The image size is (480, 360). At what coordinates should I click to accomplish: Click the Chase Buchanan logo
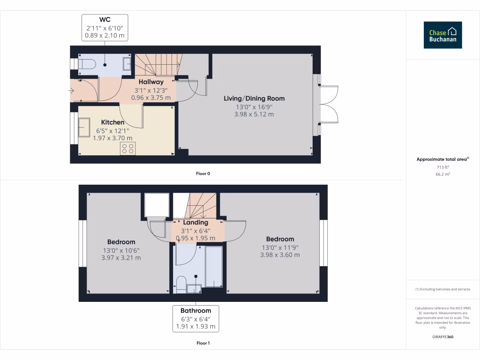point(442,35)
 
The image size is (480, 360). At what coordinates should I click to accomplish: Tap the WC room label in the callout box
point(105,19)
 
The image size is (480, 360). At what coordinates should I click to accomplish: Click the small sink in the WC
point(127,64)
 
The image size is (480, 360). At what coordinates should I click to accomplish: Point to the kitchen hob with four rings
point(127,149)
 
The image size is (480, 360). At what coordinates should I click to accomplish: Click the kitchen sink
point(85,127)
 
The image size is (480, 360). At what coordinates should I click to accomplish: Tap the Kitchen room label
point(113,122)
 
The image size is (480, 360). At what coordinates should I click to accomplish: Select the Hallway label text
point(151,82)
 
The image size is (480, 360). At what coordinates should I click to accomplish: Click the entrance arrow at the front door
point(71,90)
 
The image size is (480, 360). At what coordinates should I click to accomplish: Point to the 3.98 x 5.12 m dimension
point(254,114)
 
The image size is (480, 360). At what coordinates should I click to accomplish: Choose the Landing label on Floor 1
point(195,222)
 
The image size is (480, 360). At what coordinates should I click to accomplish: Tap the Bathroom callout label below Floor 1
point(196,310)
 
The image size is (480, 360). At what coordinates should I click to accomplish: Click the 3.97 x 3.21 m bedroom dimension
point(121,258)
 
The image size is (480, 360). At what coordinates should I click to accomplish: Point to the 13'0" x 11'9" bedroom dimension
point(280,247)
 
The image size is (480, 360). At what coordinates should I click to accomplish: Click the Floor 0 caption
point(203,173)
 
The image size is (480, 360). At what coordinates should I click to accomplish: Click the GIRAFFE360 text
point(442,337)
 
